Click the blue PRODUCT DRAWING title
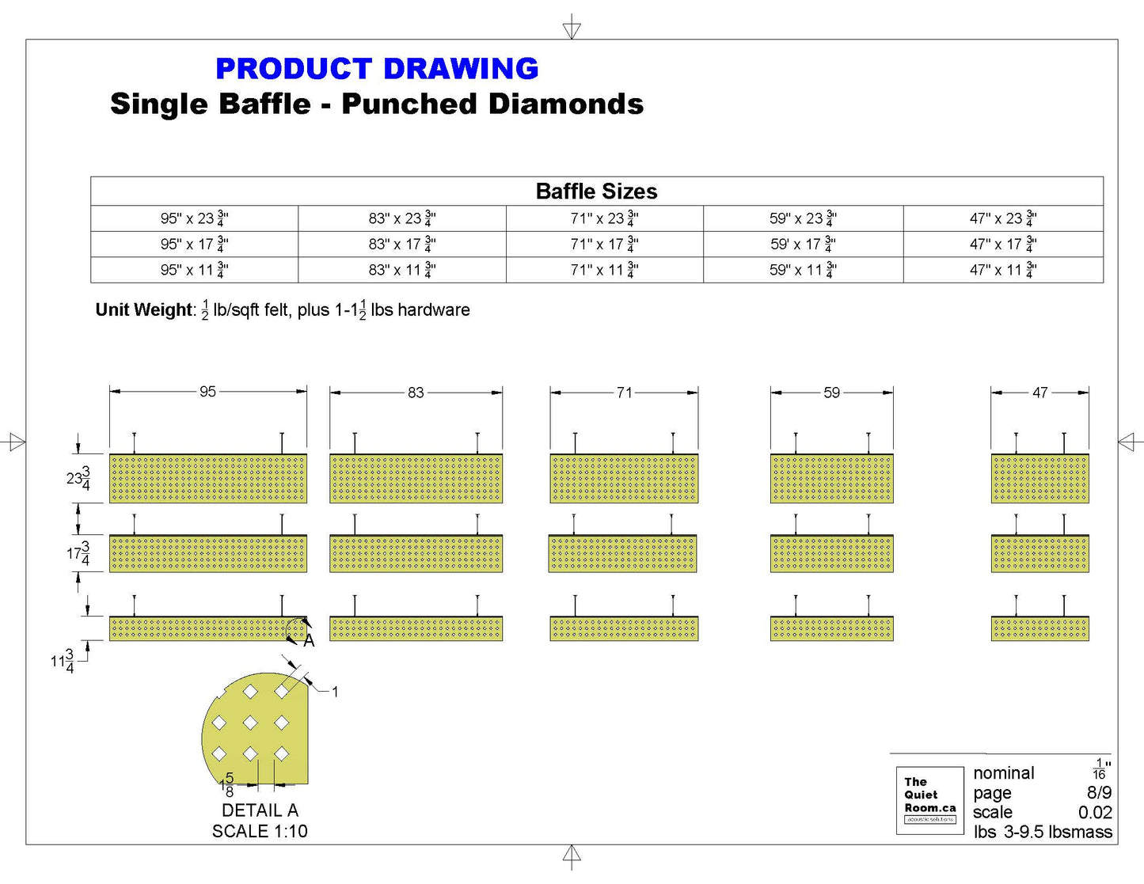(x=377, y=69)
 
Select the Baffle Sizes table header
(x=596, y=192)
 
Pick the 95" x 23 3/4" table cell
(x=194, y=218)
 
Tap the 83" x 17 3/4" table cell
(x=401, y=245)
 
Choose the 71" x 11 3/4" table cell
(x=604, y=270)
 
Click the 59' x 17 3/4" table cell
(x=803, y=245)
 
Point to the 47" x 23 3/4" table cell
(x=1003, y=218)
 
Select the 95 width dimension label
(x=207, y=392)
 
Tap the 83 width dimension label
(x=416, y=393)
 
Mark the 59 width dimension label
(x=831, y=393)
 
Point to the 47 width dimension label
(x=1039, y=393)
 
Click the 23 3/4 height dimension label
(x=78, y=479)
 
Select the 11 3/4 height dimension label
(x=63, y=661)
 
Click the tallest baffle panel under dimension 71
(x=624, y=479)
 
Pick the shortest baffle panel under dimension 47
(x=1039, y=629)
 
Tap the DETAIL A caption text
(x=260, y=810)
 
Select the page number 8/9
(x=1099, y=793)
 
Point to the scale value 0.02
(x=1095, y=813)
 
